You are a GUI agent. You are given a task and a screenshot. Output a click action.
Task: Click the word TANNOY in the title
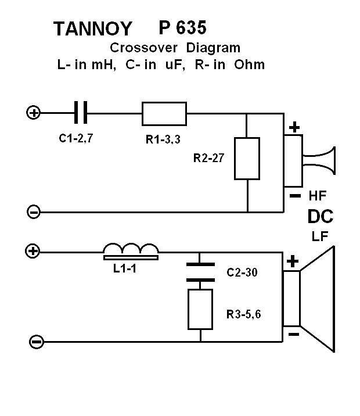[92, 28]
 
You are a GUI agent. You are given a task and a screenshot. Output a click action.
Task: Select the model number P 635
[182, 27]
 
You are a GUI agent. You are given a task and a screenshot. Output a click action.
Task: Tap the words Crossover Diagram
[175, 48]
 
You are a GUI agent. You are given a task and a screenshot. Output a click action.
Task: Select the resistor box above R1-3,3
[164, 113]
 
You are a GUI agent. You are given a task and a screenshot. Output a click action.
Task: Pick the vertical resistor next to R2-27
[247, 159]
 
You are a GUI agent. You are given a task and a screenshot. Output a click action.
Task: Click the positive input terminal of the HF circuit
[34, 112]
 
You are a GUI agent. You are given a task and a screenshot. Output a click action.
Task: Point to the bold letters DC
[321, 217]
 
